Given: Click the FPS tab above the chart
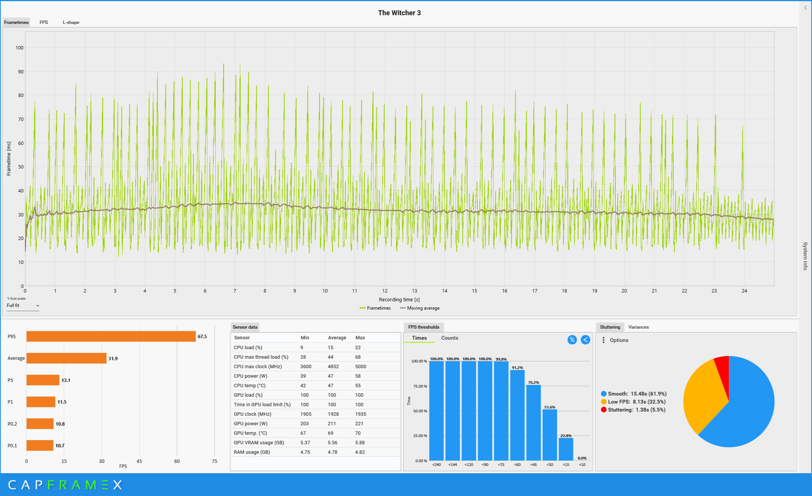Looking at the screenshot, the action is pos(44,22).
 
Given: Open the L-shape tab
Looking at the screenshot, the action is pos(71,22).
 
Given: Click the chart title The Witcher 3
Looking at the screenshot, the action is pos(399,13).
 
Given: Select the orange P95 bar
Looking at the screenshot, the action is pos(111,336).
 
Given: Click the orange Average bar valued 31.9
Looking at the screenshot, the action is pos(67,358).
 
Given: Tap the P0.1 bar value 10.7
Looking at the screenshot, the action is pos(60,446).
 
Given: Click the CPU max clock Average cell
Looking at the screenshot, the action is pos(333,367).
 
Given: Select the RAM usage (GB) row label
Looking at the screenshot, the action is pos(252,452).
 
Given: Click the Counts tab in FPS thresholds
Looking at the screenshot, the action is pos(450,338).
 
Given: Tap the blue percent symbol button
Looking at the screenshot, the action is pos(572,340).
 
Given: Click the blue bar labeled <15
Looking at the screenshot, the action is pos(566,449).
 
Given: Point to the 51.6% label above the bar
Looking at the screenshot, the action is pos(550,407).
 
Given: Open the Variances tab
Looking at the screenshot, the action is pos(639,327).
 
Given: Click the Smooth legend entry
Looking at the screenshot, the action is pos(634,394).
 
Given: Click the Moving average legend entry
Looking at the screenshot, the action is pos(420,308).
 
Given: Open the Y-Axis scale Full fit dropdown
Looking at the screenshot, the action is pos(23,305).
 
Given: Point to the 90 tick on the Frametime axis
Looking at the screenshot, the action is pos(21,72).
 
